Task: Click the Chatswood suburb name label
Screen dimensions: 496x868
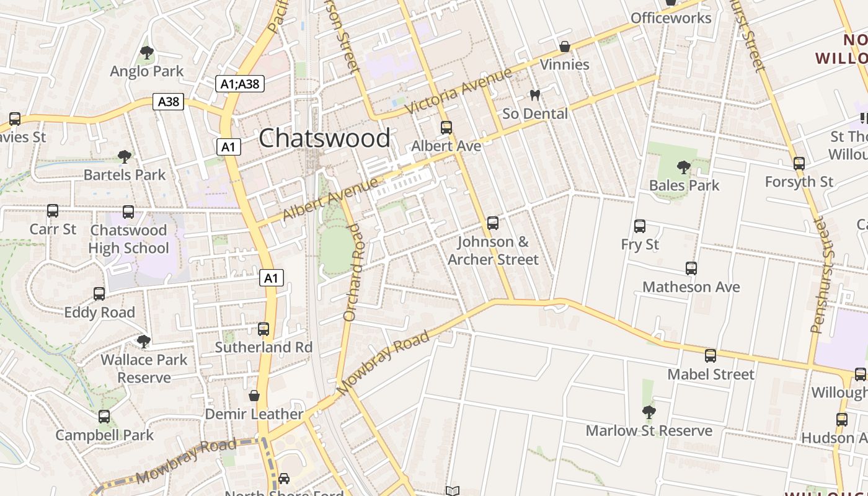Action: click(x=324, y=138)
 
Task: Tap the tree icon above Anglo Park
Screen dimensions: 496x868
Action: click(x=147, y=53)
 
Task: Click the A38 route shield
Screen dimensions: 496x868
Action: click(x=169, y=102)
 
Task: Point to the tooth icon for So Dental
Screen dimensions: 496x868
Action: click(x=534, y=95)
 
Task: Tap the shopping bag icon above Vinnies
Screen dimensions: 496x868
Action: click(x=565, y=46)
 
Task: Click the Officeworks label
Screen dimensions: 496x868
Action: click(x=671, y=18)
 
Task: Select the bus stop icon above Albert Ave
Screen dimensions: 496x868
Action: click(x=446, y=128)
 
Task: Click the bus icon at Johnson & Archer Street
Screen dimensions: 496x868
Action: click(x=493, y=223)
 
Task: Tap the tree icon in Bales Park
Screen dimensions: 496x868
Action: click(x=684, y=167)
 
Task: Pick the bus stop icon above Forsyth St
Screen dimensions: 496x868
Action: click(x=799, y=164)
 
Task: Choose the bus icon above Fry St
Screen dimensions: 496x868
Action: click(x=640, y=226)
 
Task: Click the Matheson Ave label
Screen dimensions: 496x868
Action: click(x=691, y=287)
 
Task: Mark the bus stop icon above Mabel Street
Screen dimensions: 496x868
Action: click(x=711, y=356)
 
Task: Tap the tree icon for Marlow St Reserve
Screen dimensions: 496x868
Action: click(x=649, y=412)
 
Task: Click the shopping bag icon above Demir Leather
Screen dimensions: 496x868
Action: click(x=254, y=396)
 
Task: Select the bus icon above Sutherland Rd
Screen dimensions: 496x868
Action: click(x=263, y=329)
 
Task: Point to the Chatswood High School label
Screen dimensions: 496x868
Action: click(x=128, y=239)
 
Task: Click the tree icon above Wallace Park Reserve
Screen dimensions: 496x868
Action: click(x=144, y=341)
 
